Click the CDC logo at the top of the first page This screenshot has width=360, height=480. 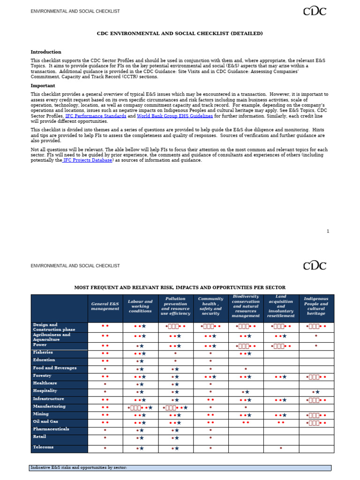click(x=314, y=11)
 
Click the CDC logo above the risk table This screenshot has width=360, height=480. click(x=314, y=265)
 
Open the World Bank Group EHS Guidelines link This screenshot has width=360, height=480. click(x=174, y=116)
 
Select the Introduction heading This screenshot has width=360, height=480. click(x=46, y=52)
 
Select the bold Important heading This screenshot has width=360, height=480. click(x=43, y=86)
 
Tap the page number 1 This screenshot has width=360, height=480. click(x=328, y=231)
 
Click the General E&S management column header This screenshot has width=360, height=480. click(x=105, y=306)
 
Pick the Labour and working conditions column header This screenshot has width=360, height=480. click(x=140, y=306)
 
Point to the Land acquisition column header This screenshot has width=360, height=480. click(x=281, y=306)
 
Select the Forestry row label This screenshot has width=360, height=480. click(x=42, y=376)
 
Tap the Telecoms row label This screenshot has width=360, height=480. click(x=44, y=447)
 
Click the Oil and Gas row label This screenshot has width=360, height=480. click(x=46, y=421)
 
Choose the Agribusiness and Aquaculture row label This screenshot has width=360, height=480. click(x=52, y=337)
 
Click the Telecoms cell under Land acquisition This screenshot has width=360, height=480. click(x=281, y=448)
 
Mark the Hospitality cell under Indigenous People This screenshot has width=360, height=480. click(x=316, y=392)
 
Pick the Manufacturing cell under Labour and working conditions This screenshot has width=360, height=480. click(x=140, y=407)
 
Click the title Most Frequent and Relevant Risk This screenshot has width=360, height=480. click(x=180, y=287)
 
